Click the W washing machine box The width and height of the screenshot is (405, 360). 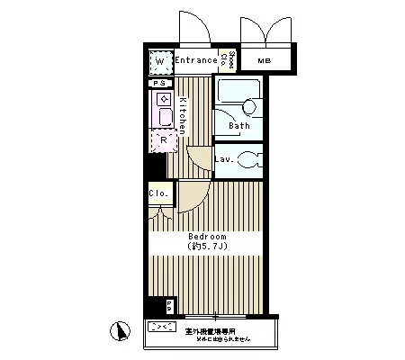point(160,62)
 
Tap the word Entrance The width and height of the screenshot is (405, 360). point(196,60)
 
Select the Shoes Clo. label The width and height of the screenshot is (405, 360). point(231,60)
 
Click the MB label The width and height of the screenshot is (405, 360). point(265,60)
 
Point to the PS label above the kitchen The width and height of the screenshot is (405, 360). point(159,84)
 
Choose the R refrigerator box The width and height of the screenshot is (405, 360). point(163,139)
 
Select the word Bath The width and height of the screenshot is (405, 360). point(239,126)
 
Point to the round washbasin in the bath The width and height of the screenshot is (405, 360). point(250,107)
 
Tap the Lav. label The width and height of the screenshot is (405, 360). point(225,159)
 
